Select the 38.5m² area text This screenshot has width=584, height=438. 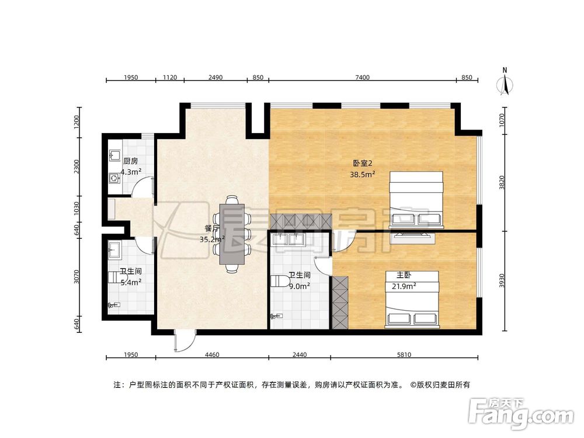point(363,173)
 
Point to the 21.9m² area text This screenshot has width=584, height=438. point(404,286)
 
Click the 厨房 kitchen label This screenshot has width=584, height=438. point(130,161)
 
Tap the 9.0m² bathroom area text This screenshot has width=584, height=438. point(298,286)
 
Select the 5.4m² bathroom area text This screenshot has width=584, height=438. point(130,282)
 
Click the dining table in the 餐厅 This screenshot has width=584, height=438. point(232,234)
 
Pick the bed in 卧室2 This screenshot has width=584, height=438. point(416,199)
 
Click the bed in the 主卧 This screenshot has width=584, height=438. point(412,299)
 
